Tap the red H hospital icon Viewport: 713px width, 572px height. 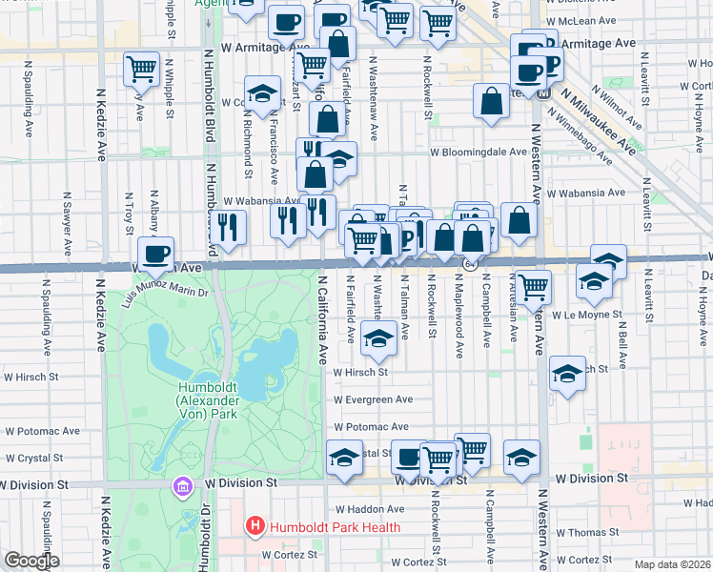(255, 526)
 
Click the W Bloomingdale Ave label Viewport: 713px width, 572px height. (478, 152)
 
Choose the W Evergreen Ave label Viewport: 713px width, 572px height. (373, 399)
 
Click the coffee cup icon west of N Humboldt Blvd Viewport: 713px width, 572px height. (156, 254)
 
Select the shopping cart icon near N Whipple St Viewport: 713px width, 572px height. (141, 68)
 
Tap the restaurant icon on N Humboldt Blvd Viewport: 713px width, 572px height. (228, 226)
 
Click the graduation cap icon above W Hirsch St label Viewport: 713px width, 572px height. (378, 338)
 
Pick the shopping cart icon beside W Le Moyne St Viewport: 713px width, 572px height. (534, 285)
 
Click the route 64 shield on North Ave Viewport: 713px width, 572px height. (470, 264)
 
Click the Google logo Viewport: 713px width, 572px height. (31, 561)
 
